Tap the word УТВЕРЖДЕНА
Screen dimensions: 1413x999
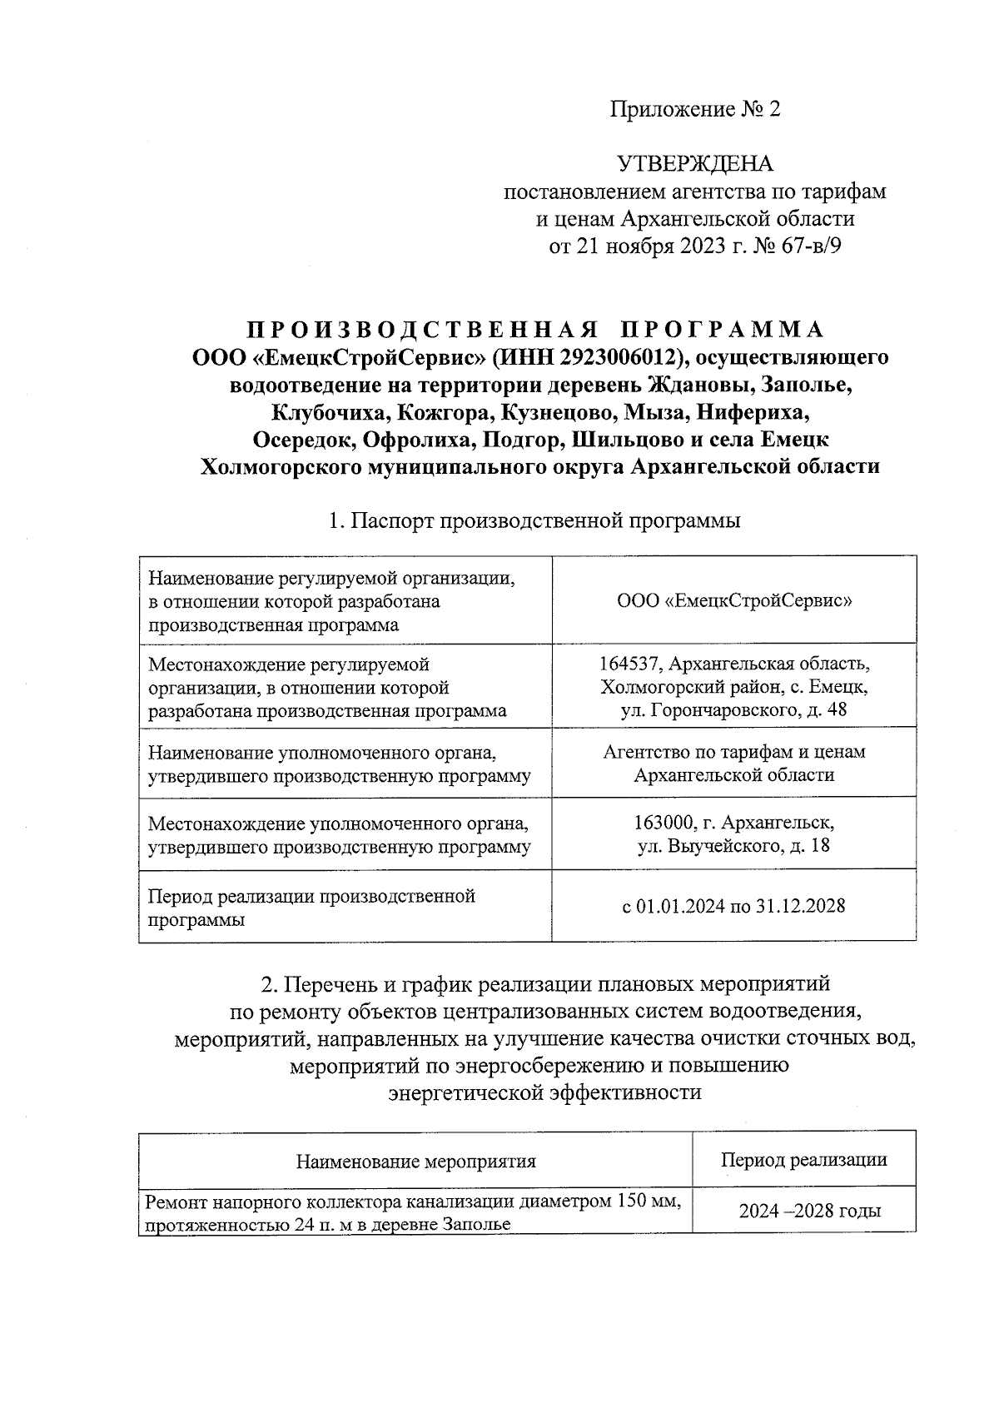(x=694, y=164)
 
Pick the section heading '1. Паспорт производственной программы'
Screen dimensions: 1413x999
(x=534, y=521)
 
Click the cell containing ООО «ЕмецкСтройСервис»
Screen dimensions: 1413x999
(x=734, y=600)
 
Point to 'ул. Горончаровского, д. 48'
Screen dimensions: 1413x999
(x=734, y=710)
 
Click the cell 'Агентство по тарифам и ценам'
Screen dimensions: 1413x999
(x=734, y=752)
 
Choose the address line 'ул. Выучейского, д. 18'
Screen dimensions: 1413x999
(x=734, y=846)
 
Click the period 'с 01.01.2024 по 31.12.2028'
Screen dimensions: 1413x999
(x=734, y=906)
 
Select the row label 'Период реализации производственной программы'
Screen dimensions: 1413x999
(x=311, y=908)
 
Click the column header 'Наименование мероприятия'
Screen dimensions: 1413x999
(x=415, y=1161)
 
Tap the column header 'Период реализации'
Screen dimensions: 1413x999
(x=803, y=1159)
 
